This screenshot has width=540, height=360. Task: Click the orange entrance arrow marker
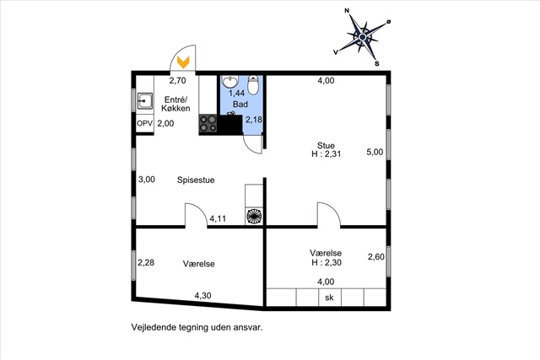pos(183,62)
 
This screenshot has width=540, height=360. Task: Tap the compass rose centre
pos(363,37)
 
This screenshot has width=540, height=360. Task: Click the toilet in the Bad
pos(253,85)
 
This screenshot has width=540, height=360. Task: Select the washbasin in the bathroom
pos(229,82)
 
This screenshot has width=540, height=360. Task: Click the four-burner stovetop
pos(208,124)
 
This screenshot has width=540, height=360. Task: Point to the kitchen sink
pos(145,101)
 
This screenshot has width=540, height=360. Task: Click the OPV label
pos(144,123)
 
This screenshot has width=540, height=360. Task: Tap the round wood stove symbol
pos(254,217)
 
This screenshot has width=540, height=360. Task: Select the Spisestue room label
pos(196,180)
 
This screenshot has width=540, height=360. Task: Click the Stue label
pos(326,145)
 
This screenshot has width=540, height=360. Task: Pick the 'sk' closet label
pos(329,298)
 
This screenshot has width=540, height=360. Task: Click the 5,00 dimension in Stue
pos(375,152)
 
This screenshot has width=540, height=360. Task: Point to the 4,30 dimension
pos(202,296)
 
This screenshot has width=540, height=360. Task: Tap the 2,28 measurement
pos(146,262)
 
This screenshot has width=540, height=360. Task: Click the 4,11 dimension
pos(218,218)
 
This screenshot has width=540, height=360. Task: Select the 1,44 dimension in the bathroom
pos(236,93)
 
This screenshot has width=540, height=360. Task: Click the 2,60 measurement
pos(376,257)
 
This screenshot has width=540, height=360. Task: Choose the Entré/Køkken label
pos(175,104)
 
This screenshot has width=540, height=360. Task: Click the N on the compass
pos(347,11)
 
